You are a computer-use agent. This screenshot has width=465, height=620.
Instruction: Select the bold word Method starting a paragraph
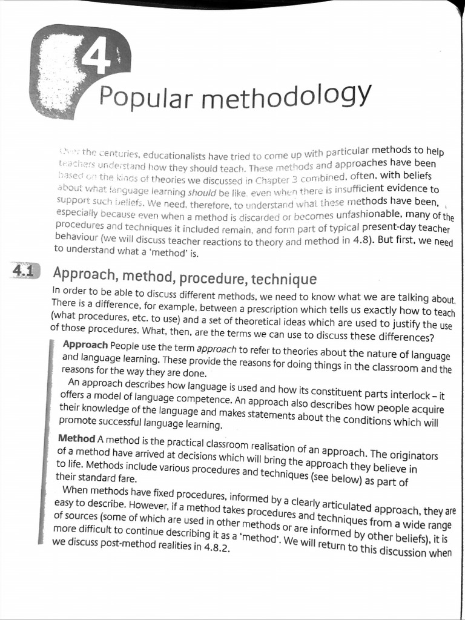coord(76,438)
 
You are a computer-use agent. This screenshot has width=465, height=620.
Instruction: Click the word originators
coord(409,454)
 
